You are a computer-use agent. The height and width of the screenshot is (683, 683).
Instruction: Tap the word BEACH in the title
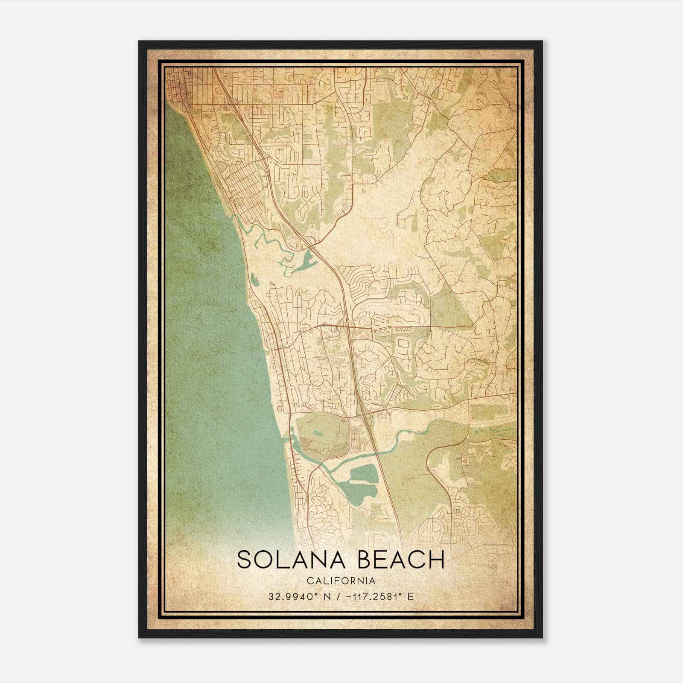400,560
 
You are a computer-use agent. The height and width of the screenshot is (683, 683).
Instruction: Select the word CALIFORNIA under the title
341,581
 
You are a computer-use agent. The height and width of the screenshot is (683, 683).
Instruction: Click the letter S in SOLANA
245,560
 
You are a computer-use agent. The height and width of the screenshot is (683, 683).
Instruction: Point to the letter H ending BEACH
436,560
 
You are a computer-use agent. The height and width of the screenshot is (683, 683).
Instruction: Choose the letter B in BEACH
365,560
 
